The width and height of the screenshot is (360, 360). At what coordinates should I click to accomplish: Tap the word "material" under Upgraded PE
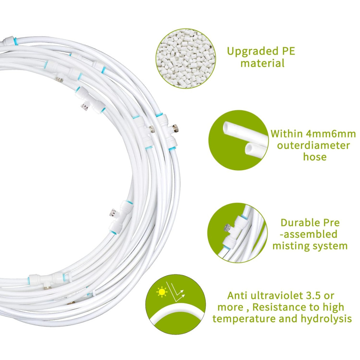pos(262,63)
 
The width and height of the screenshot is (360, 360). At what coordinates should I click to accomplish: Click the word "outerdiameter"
pos(313,145)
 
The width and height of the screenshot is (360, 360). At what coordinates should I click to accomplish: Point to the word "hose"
pos(315,157)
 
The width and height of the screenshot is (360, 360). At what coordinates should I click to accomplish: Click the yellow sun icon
pos(162,292)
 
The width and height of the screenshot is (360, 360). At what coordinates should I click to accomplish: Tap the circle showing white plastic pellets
pos(186,59)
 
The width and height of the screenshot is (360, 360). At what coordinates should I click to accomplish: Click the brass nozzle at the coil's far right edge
pos(177,127)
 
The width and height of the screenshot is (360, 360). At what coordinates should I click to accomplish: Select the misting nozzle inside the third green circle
pos(227,228)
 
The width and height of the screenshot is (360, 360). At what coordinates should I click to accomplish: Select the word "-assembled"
pos(309,234)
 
